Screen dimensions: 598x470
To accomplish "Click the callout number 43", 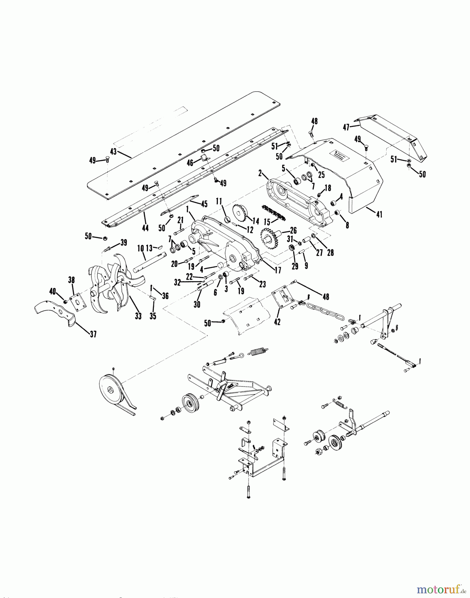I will pos(114,151).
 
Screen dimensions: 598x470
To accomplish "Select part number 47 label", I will pos(347,127).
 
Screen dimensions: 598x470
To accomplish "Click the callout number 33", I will pos(138,316).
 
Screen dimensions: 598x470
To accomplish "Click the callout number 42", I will pos(277,322).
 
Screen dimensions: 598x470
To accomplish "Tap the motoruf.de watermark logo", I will pos(439,589).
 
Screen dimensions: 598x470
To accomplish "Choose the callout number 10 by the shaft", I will pos(140,248).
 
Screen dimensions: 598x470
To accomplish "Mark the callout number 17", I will pos(278,270).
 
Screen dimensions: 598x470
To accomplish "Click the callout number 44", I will pos(145,228).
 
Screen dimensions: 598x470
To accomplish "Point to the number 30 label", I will pos(197,304).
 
